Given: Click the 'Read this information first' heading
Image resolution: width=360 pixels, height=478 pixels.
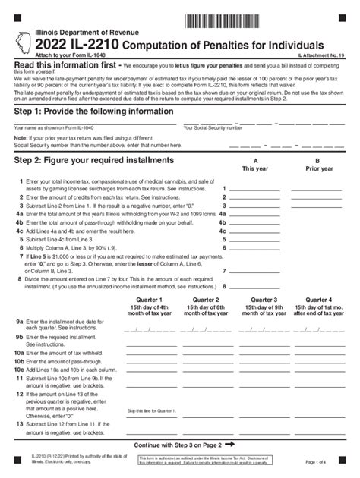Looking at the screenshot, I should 66,66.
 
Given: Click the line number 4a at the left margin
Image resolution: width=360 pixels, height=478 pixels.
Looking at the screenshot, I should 19,214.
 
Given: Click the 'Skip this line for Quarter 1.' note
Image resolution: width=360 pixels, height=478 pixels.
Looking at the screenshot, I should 153,410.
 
